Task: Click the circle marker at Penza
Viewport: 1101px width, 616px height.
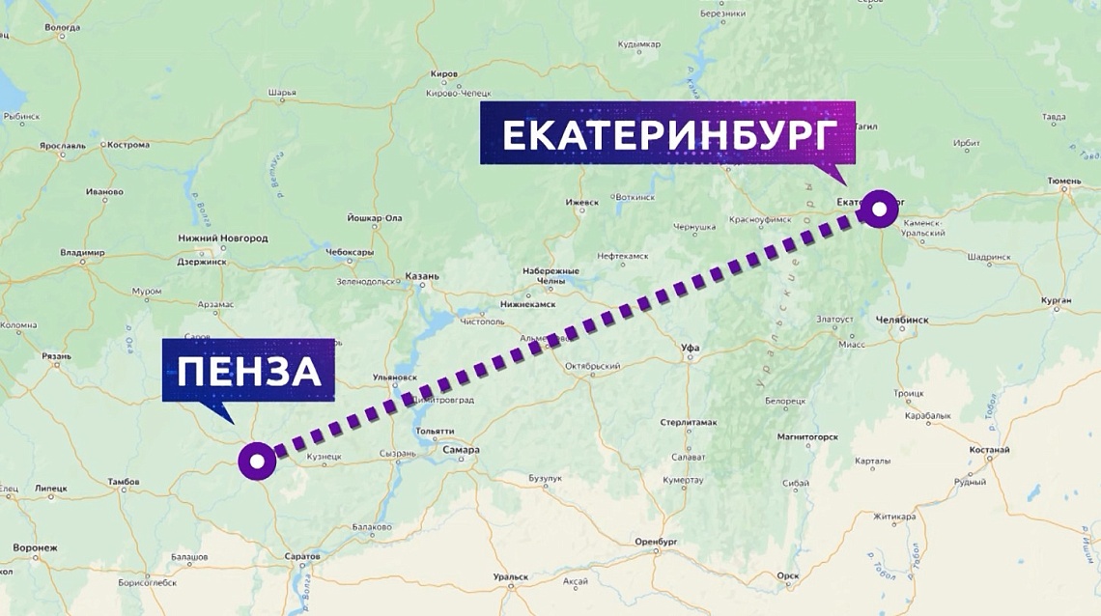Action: (257, 462)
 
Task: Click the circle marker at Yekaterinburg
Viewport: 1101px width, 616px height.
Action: (879, 209)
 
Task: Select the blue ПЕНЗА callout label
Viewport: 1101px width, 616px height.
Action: (249, 371)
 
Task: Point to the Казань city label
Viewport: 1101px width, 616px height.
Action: (422, 276)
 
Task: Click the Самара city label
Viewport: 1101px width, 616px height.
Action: (461, 450)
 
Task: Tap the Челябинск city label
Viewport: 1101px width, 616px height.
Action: (901, 320)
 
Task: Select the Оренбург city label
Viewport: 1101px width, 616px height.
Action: (659, 542)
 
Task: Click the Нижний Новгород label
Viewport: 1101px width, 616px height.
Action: (223, 238)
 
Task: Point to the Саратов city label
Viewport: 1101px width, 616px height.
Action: (302, 557)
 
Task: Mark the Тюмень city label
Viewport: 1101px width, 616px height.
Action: (1066, 181)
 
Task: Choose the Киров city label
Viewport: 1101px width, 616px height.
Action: (444, 74)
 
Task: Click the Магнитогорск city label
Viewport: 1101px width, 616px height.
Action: (807, 436)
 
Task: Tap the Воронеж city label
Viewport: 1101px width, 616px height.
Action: (35, 547)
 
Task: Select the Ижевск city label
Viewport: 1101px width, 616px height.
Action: (582, 203)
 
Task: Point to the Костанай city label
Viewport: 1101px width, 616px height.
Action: (990, 450)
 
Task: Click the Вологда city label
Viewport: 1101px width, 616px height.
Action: (63, 28)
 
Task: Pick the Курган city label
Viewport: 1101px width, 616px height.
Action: (1057, 300)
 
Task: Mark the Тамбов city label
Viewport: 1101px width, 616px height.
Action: (124, 481)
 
